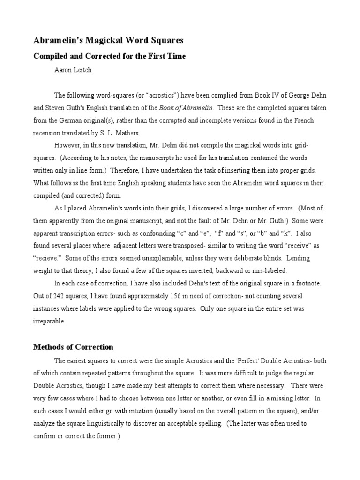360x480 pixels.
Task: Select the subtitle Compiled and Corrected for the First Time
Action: tap(109, 56)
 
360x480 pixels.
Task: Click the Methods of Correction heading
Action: tap(73, 347)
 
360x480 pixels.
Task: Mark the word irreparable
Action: tap(49, 322)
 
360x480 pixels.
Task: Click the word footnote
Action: tap(308, 284)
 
